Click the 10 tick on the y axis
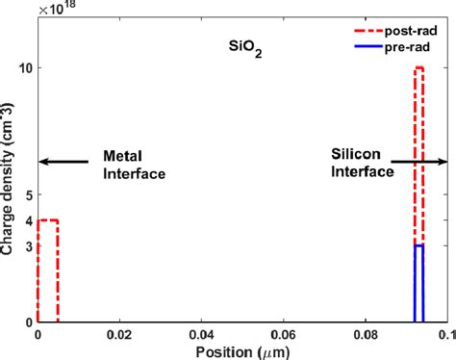[25, 68]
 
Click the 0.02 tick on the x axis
[118, 334]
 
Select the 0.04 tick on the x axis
[200, 334]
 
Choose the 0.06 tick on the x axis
[282, 334]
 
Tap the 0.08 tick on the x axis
[364, 334]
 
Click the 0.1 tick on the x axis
[442, 334]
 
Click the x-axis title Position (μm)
[241, 350]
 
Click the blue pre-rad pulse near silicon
[419, 284]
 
